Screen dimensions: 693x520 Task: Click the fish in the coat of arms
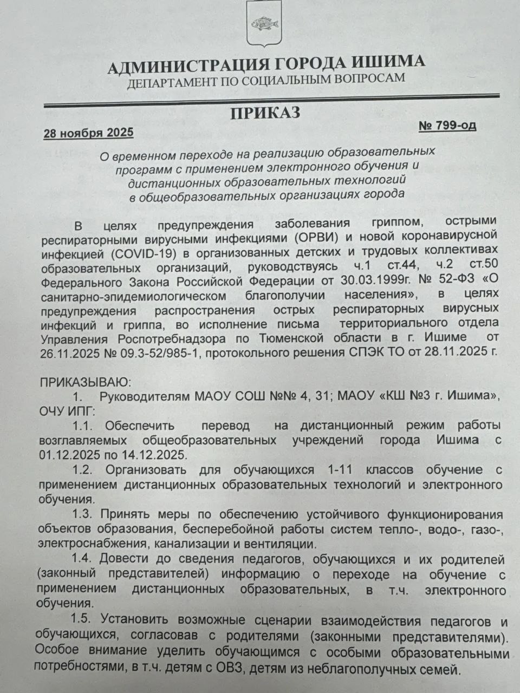(264, 23)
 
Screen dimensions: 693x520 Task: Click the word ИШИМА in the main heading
(385, 62)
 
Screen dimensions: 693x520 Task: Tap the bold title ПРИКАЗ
(265, 113)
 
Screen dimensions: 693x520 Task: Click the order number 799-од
(454, 126)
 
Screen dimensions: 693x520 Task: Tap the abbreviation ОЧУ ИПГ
(67, 410)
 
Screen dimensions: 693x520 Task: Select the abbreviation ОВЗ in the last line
(229, 669)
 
